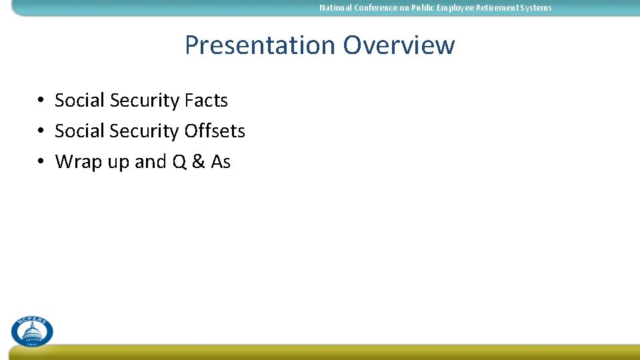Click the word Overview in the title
coord(399,45)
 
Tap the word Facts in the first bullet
coord(206,101)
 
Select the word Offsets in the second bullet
coord(215,131)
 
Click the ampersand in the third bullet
coord(198,162)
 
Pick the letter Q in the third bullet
coord(179,162)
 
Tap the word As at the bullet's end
coord(221,162)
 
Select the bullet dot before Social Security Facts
coord(41,101)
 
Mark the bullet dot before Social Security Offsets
coord(41,131)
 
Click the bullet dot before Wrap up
coord(41,162)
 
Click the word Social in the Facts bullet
coord(80,101)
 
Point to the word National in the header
coord(335,8)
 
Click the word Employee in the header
coord(457,8)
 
